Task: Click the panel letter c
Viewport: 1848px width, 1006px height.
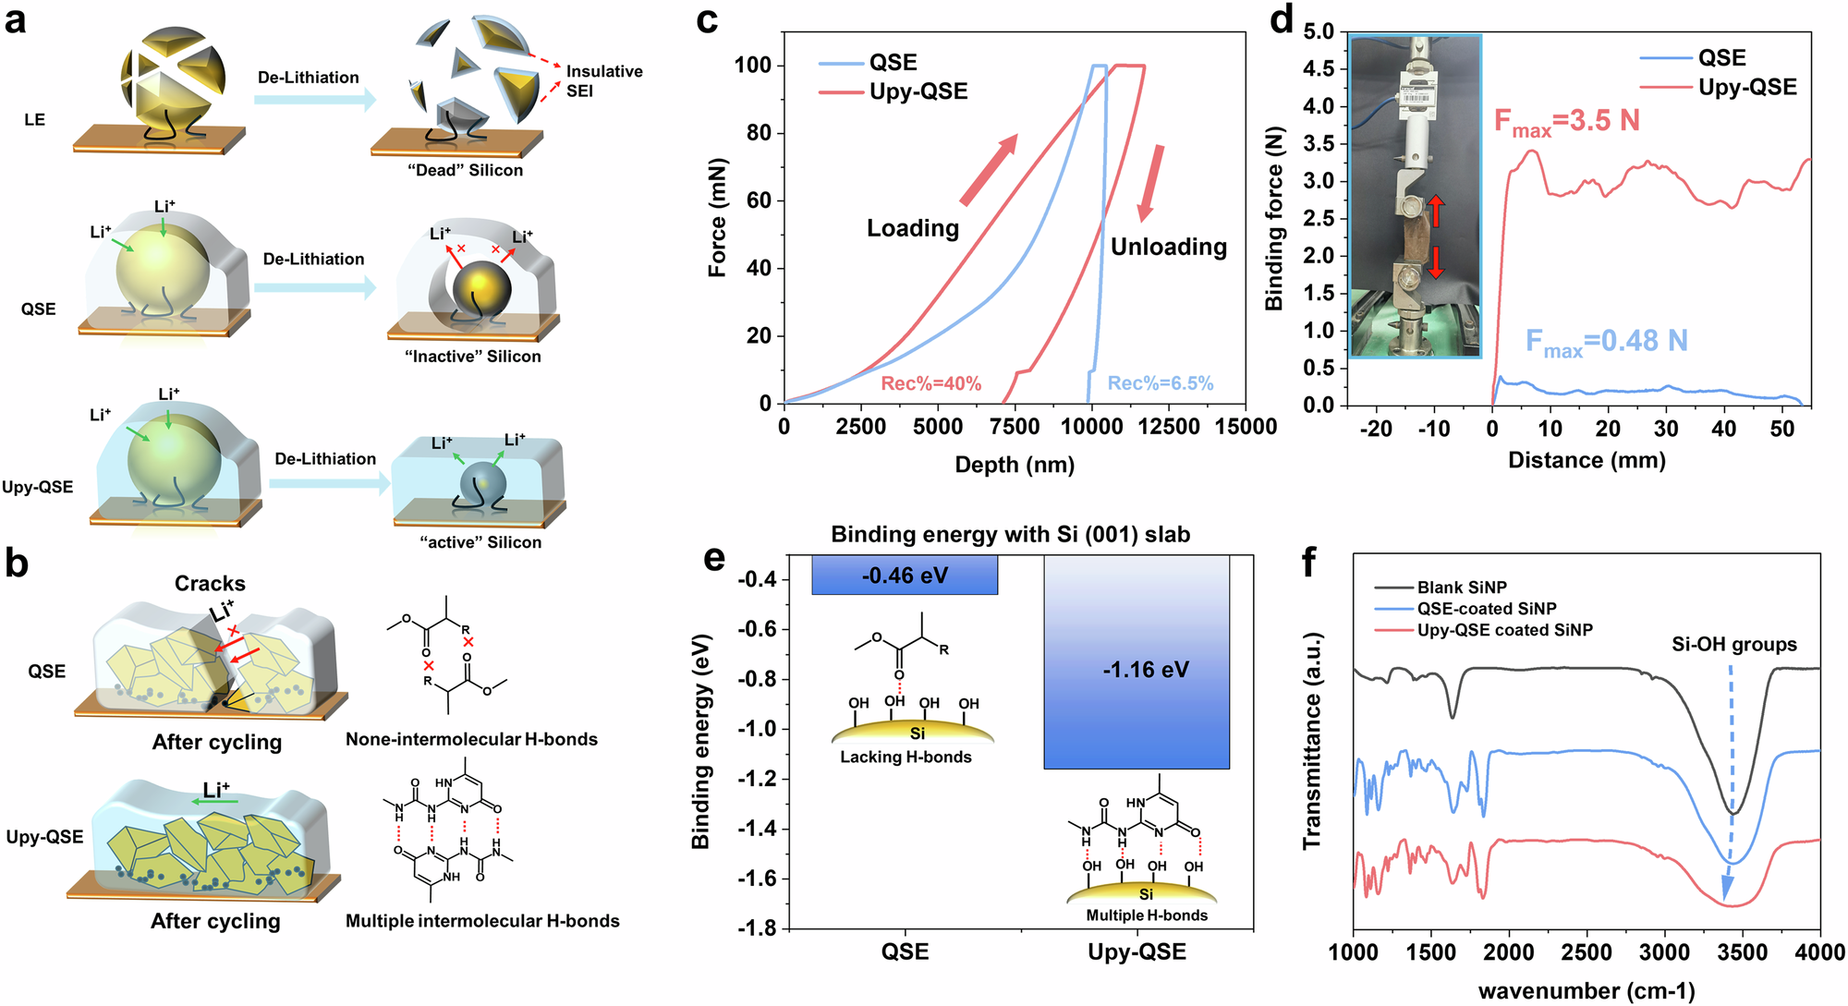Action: pyautogui.click(x=707, y=20)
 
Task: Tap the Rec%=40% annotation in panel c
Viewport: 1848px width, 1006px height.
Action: pyautogui.click(x=930, y=383)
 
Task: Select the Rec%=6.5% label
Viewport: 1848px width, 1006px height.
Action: pyautogui.click(x=1161, y=383)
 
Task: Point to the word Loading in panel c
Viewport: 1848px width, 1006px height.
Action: pyautogui.click(x=913, y=228)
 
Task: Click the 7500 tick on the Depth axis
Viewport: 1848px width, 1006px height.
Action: pyautogui.click(x=1015, y=427)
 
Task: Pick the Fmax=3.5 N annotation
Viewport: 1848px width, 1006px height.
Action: pyautogui.click(x=1566, y=122)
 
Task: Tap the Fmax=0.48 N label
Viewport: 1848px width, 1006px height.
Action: pyautogui.click(x=1606, y=342)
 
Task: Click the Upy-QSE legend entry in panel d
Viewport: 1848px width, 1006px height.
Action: pyautogui.click(x=1747, y=87)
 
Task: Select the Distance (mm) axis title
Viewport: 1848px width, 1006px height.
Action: pyautogui.click(x=1587, y=460)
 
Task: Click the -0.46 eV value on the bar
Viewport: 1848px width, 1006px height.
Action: pyautogui.click(x=905, y=576)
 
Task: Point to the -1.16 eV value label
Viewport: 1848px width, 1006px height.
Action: pyautogui.click(x=1146, y=670)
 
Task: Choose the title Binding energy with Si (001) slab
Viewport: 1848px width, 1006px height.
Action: pyautogui.click(x=1010, y=534)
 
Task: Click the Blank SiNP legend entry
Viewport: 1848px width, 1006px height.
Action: pyautogui.click(x=1462, y=588)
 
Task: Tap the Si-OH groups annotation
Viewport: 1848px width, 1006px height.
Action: pyautogui.click(x=1734, y=645)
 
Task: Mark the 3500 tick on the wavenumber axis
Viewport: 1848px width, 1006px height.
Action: pyautogui.click(x=1742, y=952)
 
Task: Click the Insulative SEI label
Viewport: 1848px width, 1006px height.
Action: pyautogui.click(x=603, y=81)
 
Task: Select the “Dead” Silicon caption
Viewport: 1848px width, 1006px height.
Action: pyautogui.click(x=465, y=171)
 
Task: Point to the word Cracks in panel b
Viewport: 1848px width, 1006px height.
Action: pyautogui.click(x=210, y=584)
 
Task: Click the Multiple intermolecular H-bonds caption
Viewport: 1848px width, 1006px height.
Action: pyautogui.click(x=482, y=921)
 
